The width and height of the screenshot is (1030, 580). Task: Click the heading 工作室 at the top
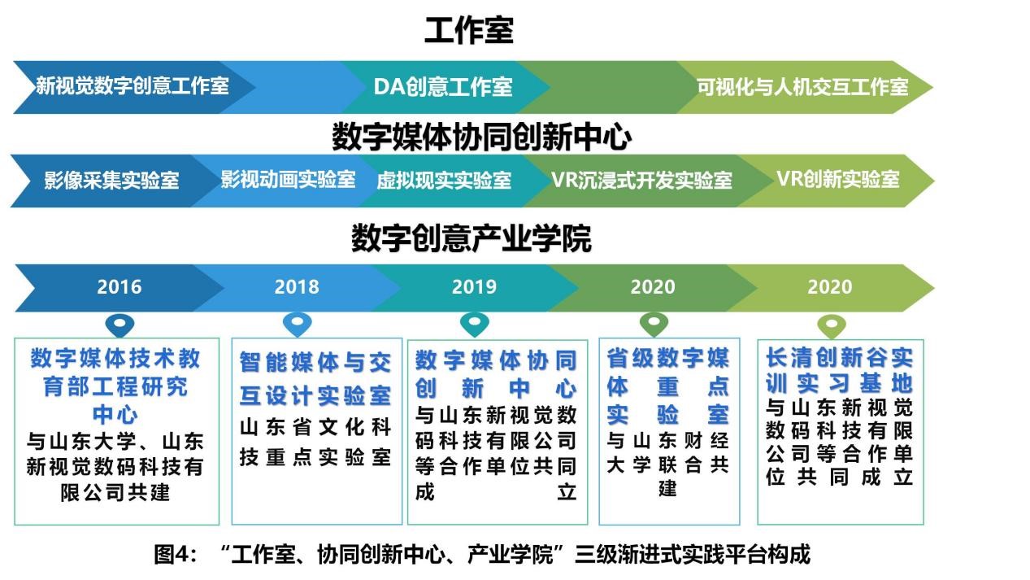pyautogui.click(x=468, y=30)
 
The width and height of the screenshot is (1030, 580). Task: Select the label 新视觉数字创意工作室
pyautogui.click(x=133, y=86)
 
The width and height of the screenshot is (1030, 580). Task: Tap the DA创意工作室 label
pyautogui.click(x=443, y=86)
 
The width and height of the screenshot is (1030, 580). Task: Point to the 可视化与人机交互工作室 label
pyautogui.click(x=802, y=86)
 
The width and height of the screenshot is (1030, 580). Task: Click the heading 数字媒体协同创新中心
pyautogui.click(x=481, y=137)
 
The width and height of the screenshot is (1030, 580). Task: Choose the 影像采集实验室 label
pyautogui.click(x=111, y=180)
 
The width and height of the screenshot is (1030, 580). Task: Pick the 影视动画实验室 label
pyautogui.click(x=288, y=180)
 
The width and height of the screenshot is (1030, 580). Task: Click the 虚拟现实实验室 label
pyautogui.click(x=444, y=181)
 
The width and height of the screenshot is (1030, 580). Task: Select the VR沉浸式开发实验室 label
pyautogui.click(x=641, y=180)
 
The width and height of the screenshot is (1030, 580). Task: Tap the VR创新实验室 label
pyautogui.click(x=838, y=179)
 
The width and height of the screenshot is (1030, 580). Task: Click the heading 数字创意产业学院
pyautogui.click(x=472, y=238)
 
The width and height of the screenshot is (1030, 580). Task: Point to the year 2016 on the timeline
pyautogui.click(x=119, y=286)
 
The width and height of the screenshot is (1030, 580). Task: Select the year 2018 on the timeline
pyautogui.click(x=297, y=286)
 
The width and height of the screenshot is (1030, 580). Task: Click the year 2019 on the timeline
pyautogui.click(x=474, y=286)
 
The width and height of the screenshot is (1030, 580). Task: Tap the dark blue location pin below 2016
pyautogui.click(x=120, y=325)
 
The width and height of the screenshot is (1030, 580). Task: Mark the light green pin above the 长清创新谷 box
pyautogui.click(x=832, y=326)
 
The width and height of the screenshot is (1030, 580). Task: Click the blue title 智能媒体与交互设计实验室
pyautogui.click(x=315, y=379)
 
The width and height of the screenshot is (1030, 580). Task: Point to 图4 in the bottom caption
pyautogui.click(x=176, y=554)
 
